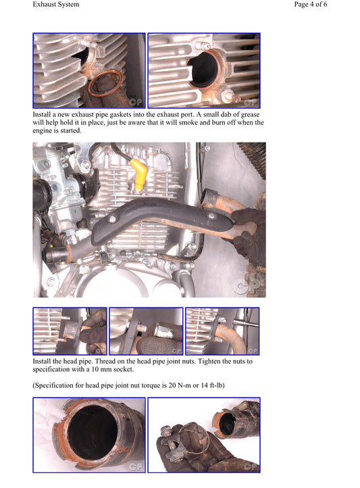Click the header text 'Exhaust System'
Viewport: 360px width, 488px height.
[55, 5]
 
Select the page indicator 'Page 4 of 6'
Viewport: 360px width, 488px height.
[319, 5]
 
